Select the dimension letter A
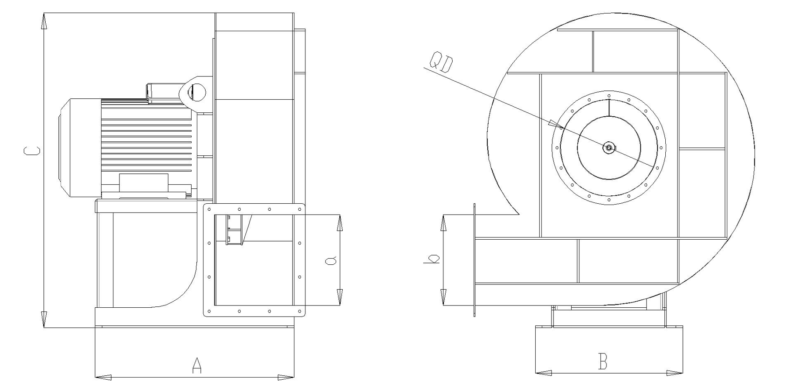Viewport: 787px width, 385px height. click(197, 365)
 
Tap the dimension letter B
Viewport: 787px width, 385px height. click(603, 362)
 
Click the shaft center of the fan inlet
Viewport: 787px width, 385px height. click(609, 148)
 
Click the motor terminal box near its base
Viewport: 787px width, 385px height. click(143, 183)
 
